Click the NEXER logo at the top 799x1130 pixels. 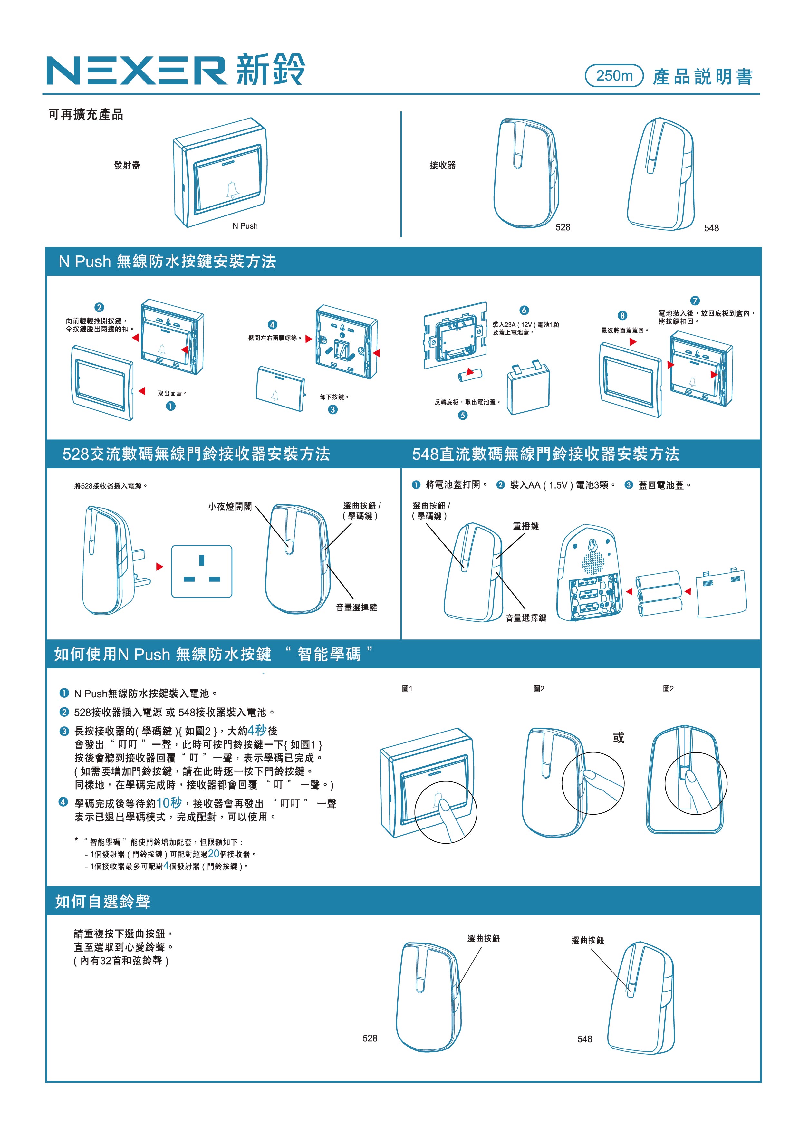(x=136, y=70)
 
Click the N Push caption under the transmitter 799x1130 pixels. (x=245, y=226)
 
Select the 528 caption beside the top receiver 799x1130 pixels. (x=563, y=227)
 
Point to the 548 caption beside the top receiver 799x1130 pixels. (x=711, y=228)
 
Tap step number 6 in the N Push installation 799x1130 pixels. (x=524, y=310)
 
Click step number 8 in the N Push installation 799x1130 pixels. (x=623, y=315)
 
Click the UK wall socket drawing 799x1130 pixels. (x=202, y=571)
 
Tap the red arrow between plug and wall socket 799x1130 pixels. (x=159, y=567)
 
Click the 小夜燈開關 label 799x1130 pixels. (x=230, y=506)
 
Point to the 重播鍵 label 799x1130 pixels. (x=526, y=526)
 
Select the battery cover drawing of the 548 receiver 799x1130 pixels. (x=721, y=593)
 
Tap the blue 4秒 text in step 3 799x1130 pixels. (x=257, y=730)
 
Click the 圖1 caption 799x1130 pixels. (x=407, y=688)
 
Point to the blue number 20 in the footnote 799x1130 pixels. (x=214, y=854)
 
